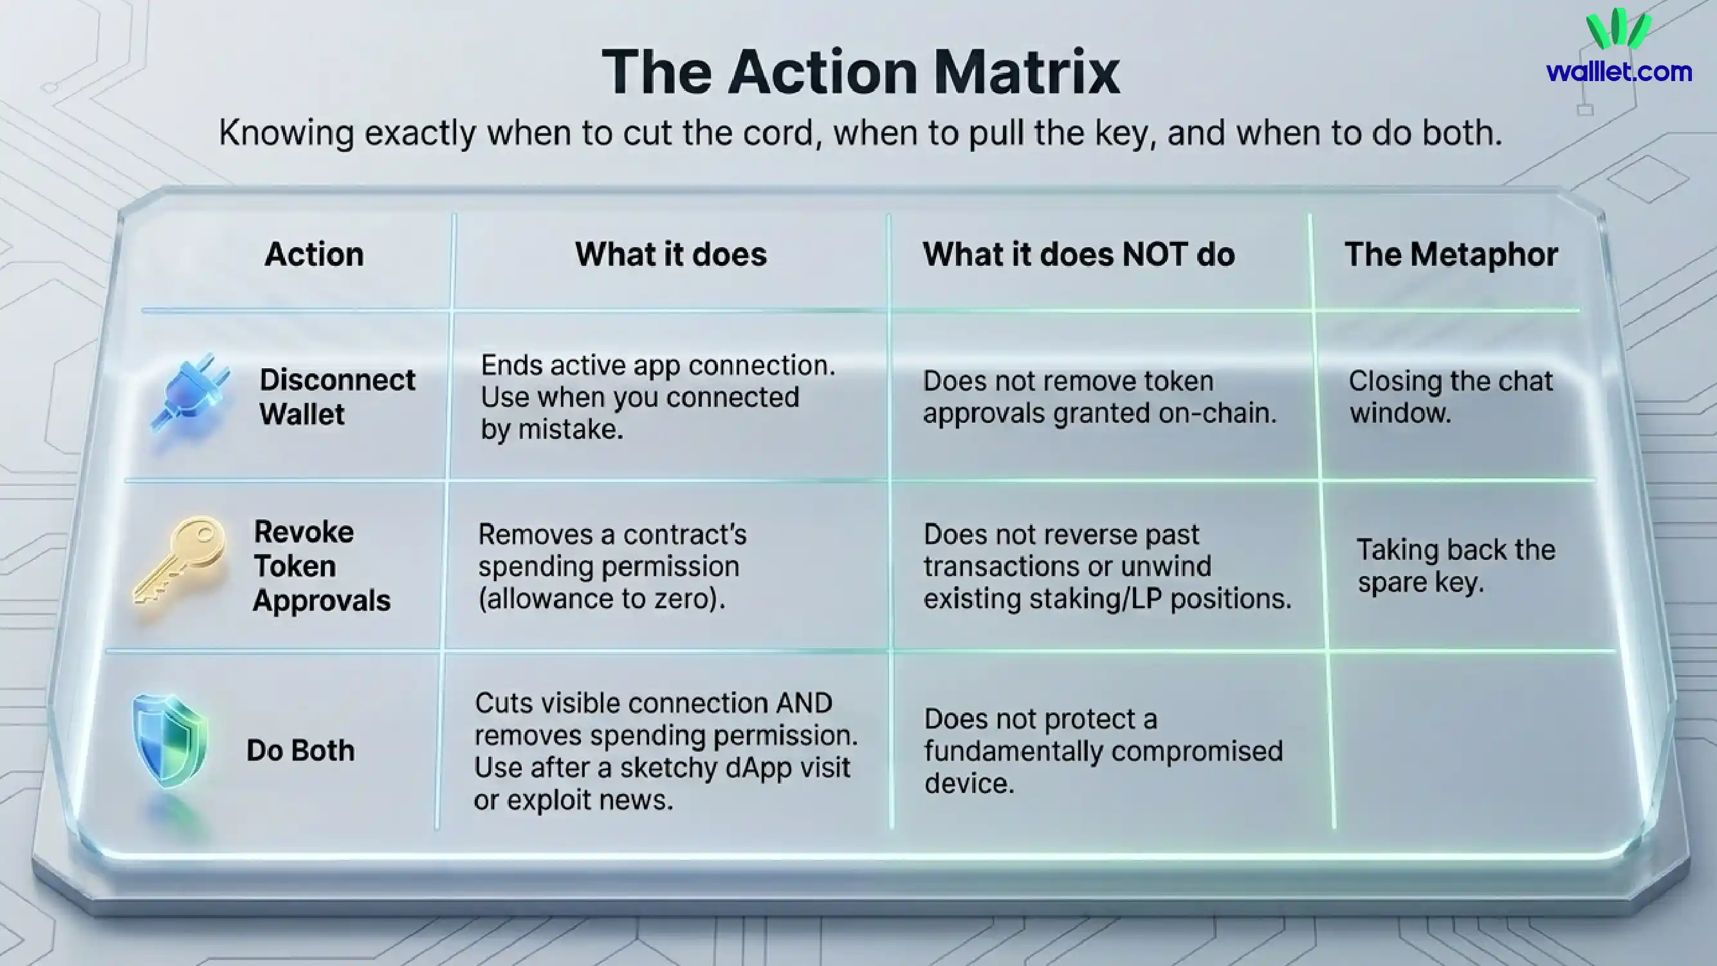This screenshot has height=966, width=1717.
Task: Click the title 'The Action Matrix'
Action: click(x=861, y=72)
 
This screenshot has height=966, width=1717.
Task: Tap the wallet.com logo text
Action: click(x=1619, y=71)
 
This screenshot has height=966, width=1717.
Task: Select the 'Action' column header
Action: click(x=314, y=255)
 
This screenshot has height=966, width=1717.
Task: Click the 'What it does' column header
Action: click(x=670, y=255)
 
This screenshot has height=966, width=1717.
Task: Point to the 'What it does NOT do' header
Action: click(x=1078, y=255)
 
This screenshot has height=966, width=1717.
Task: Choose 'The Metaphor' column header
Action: click(x=1451, y=255)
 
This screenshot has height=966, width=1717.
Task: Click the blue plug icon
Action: click(x=191, y=393)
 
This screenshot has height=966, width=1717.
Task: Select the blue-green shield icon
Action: click(x=170, y=740)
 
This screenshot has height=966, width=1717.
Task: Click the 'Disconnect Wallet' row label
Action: click(x=336, y=397)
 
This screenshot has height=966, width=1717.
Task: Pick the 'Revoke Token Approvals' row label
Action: click(x=320, y=566)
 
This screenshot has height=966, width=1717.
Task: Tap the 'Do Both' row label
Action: click(x=300, y=750)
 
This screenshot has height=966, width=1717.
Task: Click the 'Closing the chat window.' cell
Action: click(x=1451, y=397)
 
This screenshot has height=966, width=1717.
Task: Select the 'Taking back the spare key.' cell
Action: click(x=1456, y=566)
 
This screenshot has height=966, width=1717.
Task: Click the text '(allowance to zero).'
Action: click(x=601, y=599)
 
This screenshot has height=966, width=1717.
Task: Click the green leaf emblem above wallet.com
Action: click(x=1619, y=30)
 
